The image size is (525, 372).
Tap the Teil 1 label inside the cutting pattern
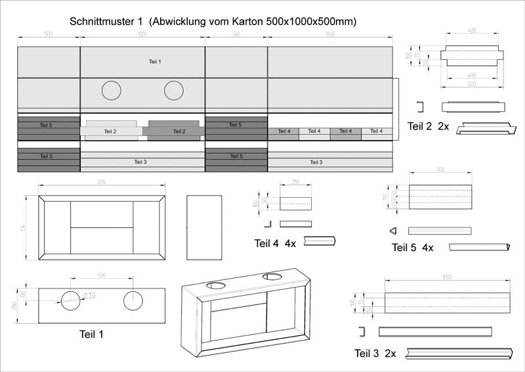[155, 61]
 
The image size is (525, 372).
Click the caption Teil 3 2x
[375, 354]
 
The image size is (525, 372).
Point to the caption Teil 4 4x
[275, 243]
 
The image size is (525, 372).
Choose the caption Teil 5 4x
[413, 247]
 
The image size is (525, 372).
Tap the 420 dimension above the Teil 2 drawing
[472, 31]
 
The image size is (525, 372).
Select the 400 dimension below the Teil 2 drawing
[472, 76]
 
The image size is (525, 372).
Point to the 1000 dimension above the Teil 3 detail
[448, 278]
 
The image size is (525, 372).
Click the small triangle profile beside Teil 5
[393, 231]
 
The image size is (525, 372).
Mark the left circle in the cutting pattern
[112, 91]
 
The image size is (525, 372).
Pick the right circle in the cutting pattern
[174, 91]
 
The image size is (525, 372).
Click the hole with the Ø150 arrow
[72, 300]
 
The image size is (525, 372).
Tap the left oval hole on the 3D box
[215, 285]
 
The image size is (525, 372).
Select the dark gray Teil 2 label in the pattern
[178, 131]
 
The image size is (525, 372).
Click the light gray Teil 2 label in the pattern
[110, 131]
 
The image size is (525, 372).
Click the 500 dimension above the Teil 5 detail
[440, 170]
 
